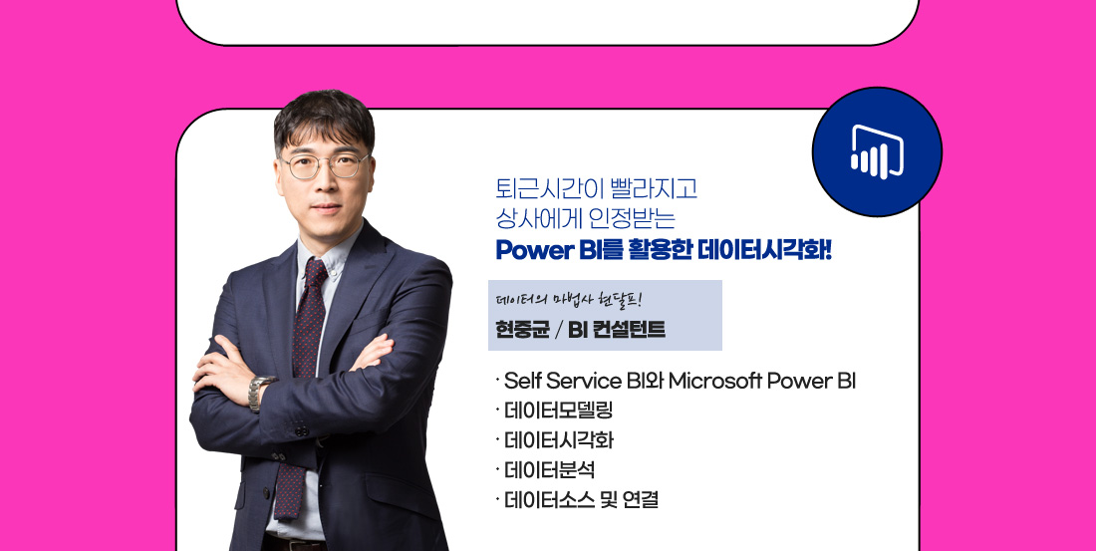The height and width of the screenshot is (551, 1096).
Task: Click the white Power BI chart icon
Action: pos(877,151)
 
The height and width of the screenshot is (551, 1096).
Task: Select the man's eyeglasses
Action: pos(325,165)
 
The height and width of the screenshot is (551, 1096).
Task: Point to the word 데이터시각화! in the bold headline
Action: pos(764,250)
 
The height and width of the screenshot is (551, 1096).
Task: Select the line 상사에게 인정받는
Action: pos(586,219)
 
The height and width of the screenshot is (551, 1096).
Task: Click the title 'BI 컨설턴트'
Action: pos(616,330)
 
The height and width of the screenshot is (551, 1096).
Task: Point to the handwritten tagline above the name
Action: pos(568,300)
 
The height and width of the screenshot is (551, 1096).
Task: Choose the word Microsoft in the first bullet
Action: pos(714,382)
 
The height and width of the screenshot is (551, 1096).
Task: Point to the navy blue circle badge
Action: pos(877,151)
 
